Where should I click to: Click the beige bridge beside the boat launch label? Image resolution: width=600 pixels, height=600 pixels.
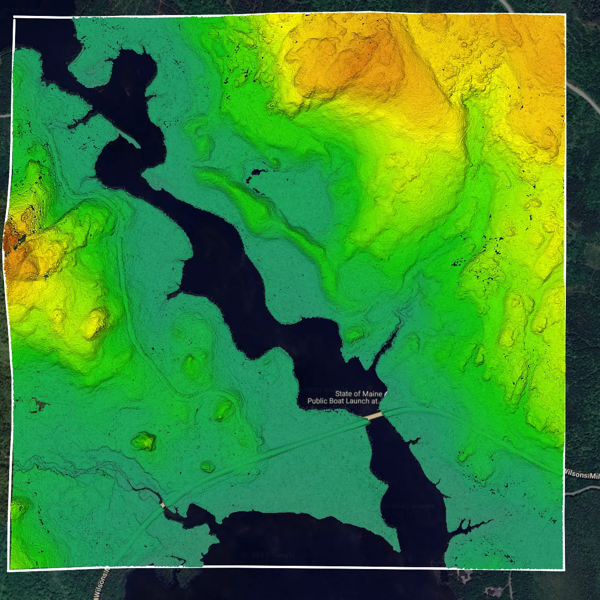[x=374, y=416]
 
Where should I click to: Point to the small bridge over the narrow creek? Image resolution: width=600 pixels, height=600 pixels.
[x=162, y=505]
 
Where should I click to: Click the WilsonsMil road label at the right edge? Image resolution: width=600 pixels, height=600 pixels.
[x=582, y=474]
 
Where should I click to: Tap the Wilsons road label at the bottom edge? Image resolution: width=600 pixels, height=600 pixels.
[x=101, y=585]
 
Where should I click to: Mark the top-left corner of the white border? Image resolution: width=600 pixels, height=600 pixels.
[x=15, y=18]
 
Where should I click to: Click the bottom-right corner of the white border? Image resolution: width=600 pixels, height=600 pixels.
[x=564, y=569]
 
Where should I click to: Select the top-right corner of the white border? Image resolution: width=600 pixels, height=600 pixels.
[x=565, y=15]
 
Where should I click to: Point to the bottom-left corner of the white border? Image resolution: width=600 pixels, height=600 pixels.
[x=9, y=569]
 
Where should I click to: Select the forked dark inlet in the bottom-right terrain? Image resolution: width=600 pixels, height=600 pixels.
[x=469, y=526]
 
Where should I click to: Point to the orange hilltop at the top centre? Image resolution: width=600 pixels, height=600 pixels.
[x=360, y=59]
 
